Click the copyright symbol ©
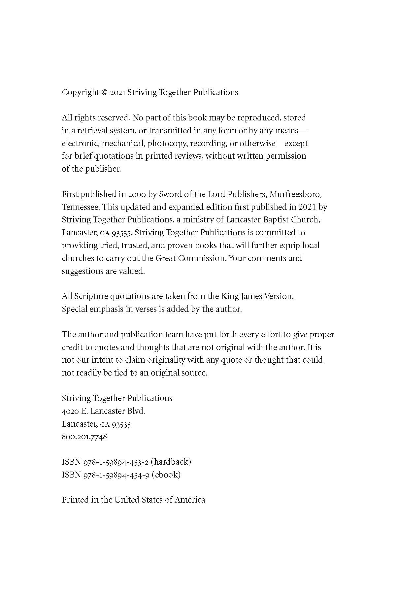tap(105, 92)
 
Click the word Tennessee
tap(80, 207)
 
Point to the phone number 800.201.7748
tap(84, 437)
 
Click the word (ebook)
tap(166, 475)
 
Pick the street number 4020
tap(70, 411)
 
